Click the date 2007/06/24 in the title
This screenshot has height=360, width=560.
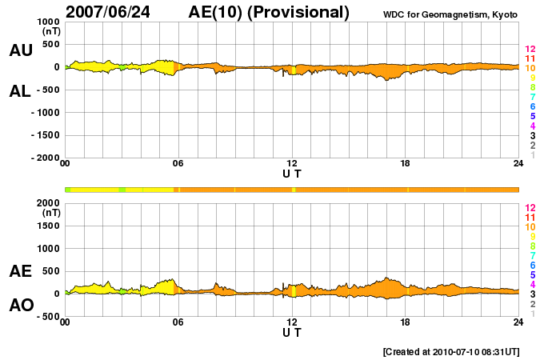coord(115,12)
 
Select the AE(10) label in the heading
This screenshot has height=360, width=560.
coord(218,12)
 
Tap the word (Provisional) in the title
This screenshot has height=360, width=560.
coord(300,12)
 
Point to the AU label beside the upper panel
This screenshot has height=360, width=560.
coord(21,50)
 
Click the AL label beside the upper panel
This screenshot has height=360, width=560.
coord(21,91)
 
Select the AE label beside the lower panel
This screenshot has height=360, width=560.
coord(21,271)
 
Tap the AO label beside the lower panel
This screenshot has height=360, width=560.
coord(21,306)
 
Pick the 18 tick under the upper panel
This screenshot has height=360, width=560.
coord(405,164)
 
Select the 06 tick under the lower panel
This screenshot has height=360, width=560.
coord(178,322)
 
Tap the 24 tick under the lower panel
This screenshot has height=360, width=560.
coord(518,322)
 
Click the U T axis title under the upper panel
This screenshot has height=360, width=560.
coord(292,173)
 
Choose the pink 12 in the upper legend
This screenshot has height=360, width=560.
coord(530,50)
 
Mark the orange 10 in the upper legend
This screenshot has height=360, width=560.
coord(530,69)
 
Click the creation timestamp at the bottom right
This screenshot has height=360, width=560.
coord(451,351)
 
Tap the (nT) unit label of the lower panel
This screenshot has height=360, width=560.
coord(50,213)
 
